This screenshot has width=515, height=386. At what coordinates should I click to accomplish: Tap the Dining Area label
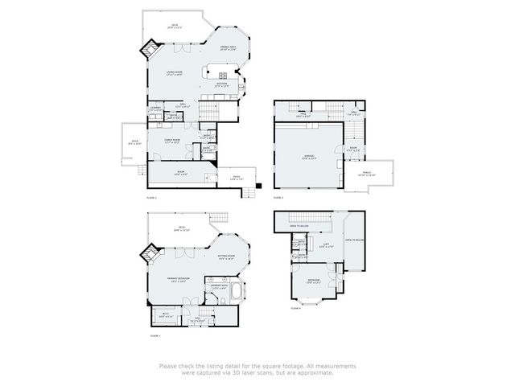(227, 48)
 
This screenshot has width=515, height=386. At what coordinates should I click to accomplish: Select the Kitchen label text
(220, 84)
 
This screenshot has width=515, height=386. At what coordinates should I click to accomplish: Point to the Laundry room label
(155, 108)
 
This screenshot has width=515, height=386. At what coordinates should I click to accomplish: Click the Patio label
(235, 179)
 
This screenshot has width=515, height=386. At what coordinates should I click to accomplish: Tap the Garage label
(308, 158)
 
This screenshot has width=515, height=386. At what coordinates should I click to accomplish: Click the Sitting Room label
(225, 257)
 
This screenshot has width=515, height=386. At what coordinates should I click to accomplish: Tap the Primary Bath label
(218, 286)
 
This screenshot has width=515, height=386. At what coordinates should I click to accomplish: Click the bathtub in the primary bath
(234, 291)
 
